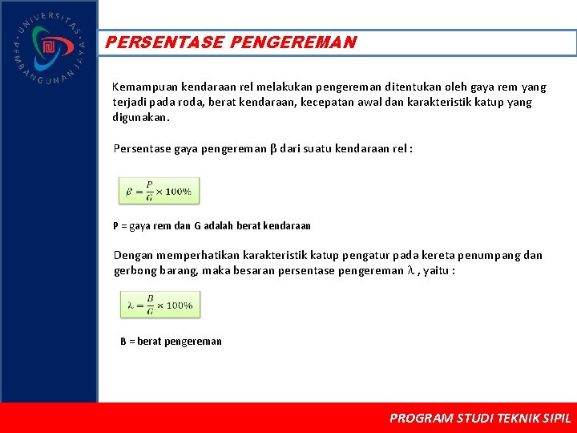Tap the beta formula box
[x=159, y=191]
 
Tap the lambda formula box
[x=159, y=305]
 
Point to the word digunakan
[x=141, y=117]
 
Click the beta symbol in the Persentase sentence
[x=272, y=148]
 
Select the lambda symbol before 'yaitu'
[x=410, y=271]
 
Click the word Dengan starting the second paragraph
[x=133, y=256]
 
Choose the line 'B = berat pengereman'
[x=171, y=342]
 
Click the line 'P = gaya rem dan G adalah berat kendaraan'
[x=212, y=226]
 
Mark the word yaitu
[x=438, y=271]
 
